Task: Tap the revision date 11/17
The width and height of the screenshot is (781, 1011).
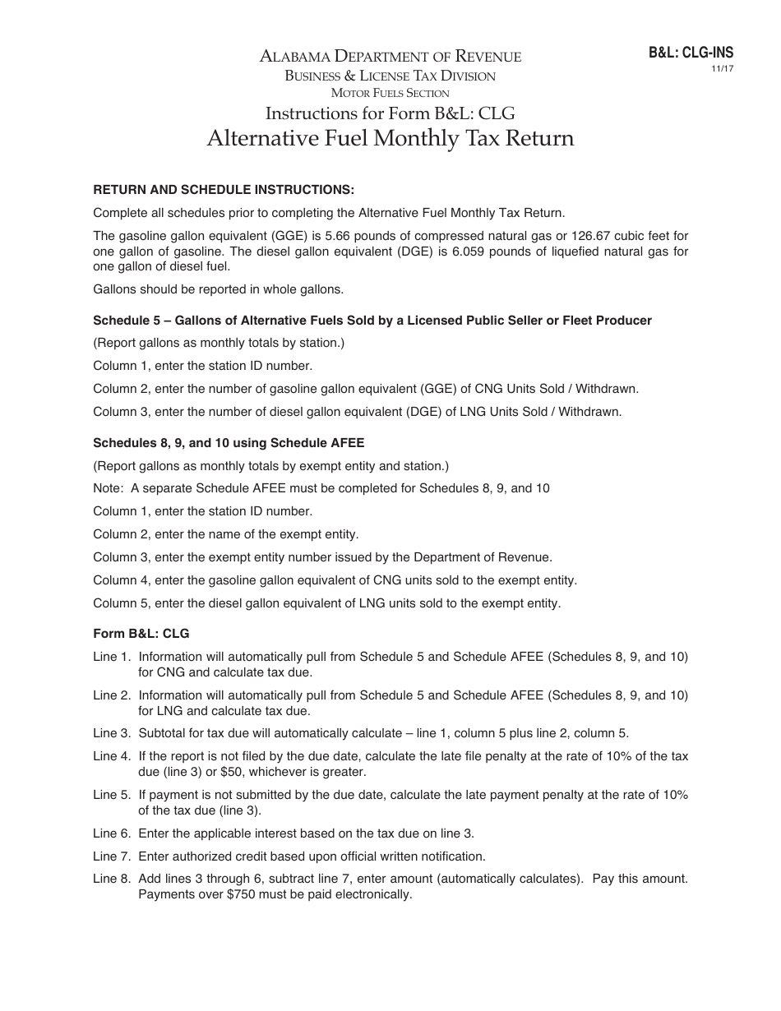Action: coord(722,69)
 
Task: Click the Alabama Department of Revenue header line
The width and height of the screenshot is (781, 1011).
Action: coord(390,57)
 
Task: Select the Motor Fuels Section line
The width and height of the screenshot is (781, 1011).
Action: coord(390,93)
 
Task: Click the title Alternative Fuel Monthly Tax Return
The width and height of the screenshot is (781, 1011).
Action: coord(390,137)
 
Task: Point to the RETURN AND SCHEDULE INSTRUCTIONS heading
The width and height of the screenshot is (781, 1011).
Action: coord(224,190)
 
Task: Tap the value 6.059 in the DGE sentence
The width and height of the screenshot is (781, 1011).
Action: coord(447,252)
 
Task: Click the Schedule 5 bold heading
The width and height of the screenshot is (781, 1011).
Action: coord(372,321)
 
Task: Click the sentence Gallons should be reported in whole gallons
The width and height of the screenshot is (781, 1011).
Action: coord(218,289)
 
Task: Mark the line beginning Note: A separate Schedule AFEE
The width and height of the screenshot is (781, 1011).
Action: coord(321,488)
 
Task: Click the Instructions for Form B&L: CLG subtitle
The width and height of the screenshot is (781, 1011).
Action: coord(390,113)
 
